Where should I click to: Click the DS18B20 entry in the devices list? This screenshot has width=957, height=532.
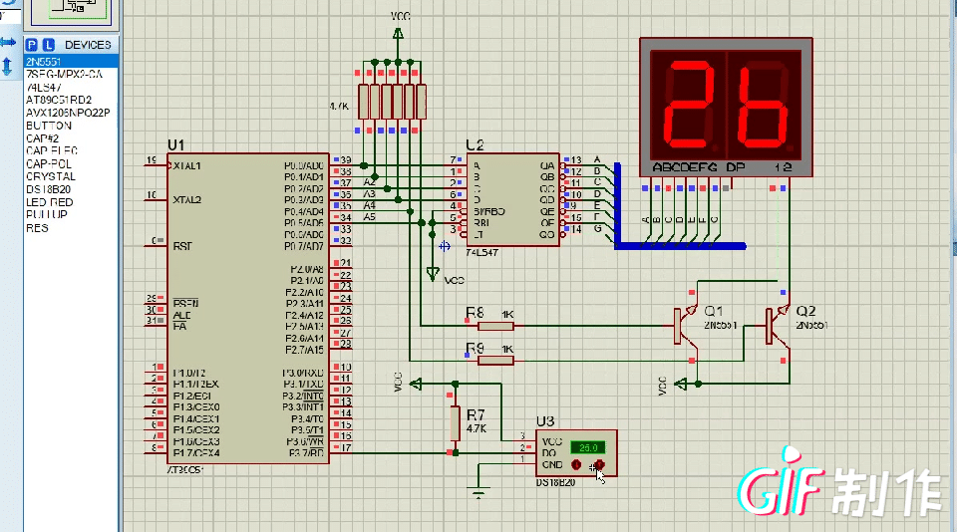[47, 189]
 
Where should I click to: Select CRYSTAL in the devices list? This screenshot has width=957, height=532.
[50, 176]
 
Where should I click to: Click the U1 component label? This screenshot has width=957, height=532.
[176, 144]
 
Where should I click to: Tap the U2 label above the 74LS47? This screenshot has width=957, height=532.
[475, 144]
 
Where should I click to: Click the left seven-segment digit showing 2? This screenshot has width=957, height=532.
[687, 102]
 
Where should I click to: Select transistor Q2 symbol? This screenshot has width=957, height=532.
[778, 326]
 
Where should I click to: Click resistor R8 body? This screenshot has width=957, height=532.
[494, 326]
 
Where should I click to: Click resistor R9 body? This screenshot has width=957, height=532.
[494, 360]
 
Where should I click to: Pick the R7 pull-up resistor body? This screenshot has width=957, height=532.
[456, 422]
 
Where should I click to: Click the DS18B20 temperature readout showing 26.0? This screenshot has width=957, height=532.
[587, 447]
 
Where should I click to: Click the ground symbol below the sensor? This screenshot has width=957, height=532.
[479, 492]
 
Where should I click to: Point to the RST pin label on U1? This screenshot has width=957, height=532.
[182, 245]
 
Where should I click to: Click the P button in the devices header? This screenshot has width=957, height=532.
[32, 45]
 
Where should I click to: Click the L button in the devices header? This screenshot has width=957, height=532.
[47, 45]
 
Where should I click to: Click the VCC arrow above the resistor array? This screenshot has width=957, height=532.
[398, 34]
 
